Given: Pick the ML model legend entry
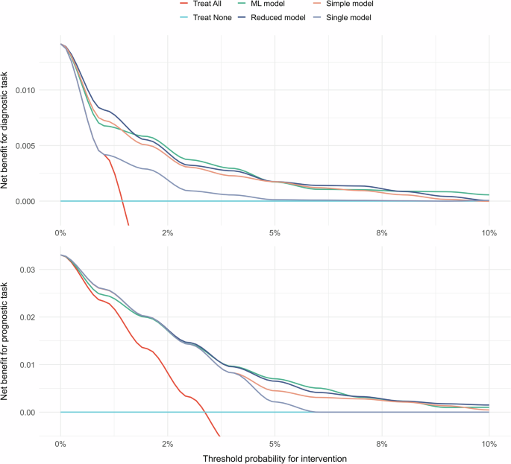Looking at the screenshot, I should coord(278,5).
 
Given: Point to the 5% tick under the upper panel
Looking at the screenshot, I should coord(275,233).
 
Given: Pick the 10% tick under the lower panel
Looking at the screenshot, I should coord(489,444).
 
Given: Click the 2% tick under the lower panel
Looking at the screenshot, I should coord(168,444).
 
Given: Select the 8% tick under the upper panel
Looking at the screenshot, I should coord(382,233).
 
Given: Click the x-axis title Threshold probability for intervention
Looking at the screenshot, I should coord(275,457).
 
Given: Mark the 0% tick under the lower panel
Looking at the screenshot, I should coord(60,444).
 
